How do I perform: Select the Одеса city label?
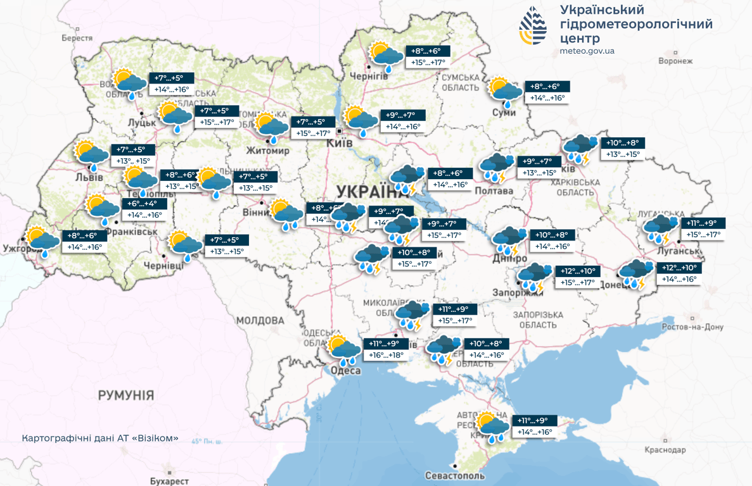click(x=345, y=371)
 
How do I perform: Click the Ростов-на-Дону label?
click(x=692, y=327)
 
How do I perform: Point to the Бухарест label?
click(x=169, y=481)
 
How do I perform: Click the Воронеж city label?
click(x=675, y=61)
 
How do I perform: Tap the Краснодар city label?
click(x=665, y=450)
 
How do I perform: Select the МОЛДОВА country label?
click(x=260, y=320)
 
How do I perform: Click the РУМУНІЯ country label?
click(x=125, y=395)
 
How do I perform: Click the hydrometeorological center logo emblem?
click(x=533, y=26)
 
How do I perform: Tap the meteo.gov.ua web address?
click(x=587, y=51)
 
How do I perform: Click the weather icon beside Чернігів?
click(x=386, y=56)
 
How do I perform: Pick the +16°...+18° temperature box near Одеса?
click(x=386, y=355)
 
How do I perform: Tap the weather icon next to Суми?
click(x=505, y=92)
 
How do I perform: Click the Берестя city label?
click(x=77, y=38)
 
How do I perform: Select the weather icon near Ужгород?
click(x=42, y=242)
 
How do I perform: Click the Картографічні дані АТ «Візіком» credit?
click(x=100, y=438)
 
